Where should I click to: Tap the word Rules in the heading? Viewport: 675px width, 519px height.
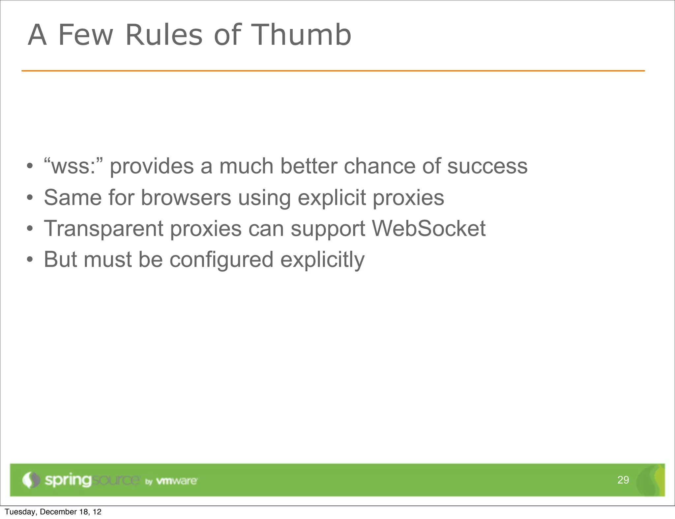coord(164,35)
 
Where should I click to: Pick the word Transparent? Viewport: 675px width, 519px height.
coord(103,229)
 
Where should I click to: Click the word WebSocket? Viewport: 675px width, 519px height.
coord(428,228)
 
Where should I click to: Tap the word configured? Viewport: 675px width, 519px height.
coord(221,259)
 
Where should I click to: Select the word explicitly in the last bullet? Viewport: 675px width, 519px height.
coord(322,259)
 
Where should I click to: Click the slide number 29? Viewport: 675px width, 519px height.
coord(623,480)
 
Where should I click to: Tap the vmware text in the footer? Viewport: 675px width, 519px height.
coord(176,481)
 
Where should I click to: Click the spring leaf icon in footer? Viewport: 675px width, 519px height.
coord(30,480)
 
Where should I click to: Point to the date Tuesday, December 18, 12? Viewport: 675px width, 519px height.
coord(53,512)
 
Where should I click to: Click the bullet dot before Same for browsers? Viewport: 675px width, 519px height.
coord(30,198)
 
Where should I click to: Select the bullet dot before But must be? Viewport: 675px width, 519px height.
coord(30,260)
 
